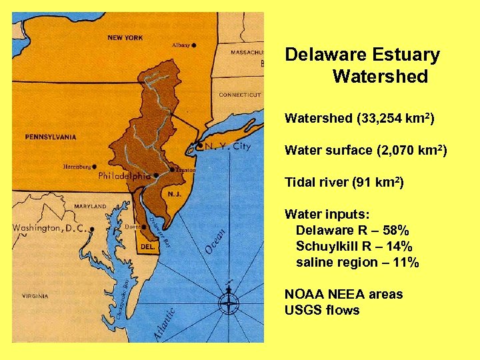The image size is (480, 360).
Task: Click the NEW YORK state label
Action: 125,37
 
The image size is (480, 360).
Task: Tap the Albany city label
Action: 181,45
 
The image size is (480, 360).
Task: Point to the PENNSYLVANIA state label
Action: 51,137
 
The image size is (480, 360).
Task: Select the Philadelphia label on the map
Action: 124,177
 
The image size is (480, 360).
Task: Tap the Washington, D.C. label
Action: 50,228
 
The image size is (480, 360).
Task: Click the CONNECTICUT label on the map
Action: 239,95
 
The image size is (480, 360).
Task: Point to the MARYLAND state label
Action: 90,207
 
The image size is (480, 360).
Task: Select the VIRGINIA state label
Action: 35,295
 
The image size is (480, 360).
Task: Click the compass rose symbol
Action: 229,303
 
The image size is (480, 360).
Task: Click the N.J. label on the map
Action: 175,193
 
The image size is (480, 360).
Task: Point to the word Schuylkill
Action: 330,247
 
